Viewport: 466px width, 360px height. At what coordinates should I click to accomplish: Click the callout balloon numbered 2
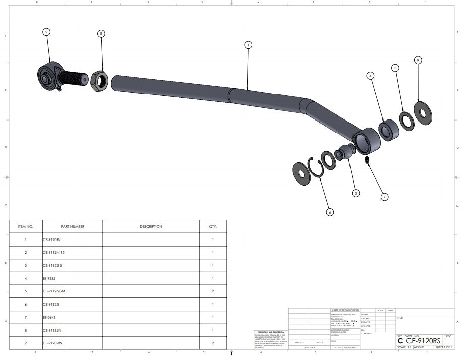[46, 32]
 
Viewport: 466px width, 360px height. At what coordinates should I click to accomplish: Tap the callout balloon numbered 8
[101, 34]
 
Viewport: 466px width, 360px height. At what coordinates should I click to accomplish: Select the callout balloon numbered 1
[248, 45]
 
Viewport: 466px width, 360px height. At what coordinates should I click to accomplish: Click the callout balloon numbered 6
[330, 212]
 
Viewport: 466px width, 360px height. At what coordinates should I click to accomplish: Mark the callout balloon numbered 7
[385, 197]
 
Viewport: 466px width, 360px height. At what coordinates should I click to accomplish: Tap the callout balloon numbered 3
[356, 193]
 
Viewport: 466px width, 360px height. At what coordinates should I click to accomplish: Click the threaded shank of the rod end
[75, 78]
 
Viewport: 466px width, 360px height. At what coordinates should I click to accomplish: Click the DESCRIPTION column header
[151, 227]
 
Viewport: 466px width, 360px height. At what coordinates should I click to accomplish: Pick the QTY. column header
[213, 227]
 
